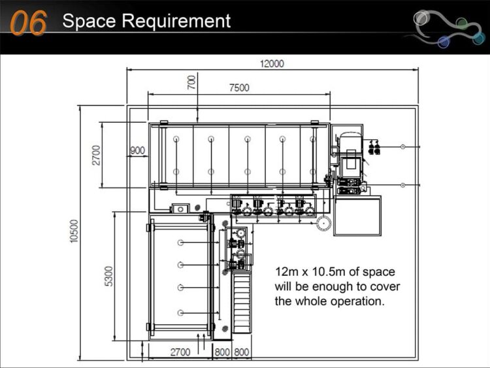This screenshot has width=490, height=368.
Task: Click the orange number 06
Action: tap(28, 22)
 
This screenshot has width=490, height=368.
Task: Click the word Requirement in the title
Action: tap(176, 22)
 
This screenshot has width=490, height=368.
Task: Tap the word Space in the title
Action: tap(89, 22)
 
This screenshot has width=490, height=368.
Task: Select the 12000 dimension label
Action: tap(272, 63)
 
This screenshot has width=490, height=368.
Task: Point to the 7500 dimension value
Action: tap(239, 88)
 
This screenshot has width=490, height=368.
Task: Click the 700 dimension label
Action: tap(191, 82)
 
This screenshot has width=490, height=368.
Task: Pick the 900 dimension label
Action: tap(137, 150)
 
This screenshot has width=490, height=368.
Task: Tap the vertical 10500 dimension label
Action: tap(73, 231)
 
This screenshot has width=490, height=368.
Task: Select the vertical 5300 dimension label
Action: tap(108, 276)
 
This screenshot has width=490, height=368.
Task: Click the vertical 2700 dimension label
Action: tap(96, 155)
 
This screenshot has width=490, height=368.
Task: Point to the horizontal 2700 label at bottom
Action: tap(180, 352)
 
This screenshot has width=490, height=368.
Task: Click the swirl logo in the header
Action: tap(448, 27)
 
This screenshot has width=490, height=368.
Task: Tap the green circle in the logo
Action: tap(461, 23)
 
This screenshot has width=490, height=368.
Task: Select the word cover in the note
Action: tap(386, 287)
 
